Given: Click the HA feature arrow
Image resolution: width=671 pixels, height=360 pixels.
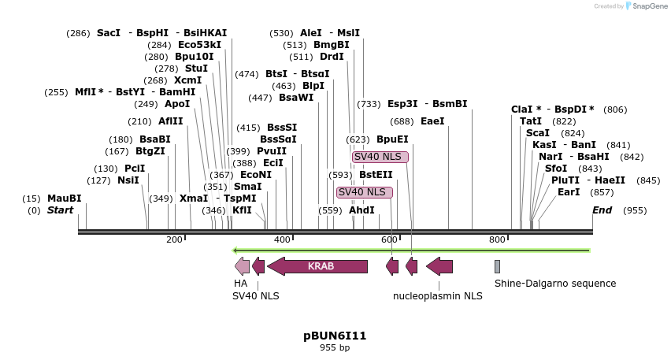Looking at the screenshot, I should pos(242,266).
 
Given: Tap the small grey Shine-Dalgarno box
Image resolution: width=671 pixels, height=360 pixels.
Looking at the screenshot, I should pos(497,266).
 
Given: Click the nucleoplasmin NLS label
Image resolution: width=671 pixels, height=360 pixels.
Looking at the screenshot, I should pos(437,296).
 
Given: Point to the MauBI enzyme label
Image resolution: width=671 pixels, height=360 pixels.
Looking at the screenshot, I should pos(64,199).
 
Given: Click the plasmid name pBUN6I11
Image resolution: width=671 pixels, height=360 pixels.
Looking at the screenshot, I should pos(335,336).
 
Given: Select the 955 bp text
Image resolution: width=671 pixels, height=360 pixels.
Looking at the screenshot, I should pos(335,347).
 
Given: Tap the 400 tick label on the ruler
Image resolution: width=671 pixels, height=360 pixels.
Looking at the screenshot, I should pos(282,239).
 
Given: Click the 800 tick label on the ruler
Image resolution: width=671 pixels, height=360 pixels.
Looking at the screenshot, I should pos(497,239).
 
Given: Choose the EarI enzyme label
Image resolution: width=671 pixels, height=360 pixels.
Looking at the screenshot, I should pos(569,192).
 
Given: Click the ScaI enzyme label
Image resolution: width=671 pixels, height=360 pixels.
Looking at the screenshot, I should pos(537,133).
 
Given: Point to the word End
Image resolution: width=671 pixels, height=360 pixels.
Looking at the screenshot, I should pos(602,210).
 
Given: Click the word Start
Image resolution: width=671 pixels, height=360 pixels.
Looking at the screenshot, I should pos(60,210).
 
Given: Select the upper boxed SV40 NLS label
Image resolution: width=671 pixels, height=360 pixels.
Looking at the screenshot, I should pos(380,157).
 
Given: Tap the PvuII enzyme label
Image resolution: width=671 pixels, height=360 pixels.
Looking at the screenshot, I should pos(272,151).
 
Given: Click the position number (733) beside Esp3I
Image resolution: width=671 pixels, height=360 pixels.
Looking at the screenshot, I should pos(369,104).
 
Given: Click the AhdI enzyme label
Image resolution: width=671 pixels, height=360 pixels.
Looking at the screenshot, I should pos(361,210).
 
